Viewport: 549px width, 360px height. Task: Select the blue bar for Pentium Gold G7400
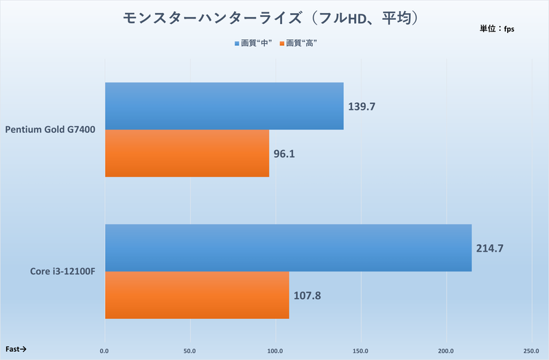pyautogui.click(x=224, y=106)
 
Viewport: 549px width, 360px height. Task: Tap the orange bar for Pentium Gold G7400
pyautogui.click(x=187, y=153)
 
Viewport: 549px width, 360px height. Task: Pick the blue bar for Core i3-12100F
pyautogui.click(x=288, y=248)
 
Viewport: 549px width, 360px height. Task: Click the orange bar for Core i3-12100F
pyautogui.click(x=196, y=295)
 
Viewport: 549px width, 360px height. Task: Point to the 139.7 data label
pyautogui.click(x=362, y=106)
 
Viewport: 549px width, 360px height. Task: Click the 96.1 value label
pyautogui.click(x=284, y=154)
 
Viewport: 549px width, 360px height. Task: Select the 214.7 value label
pyautogui.click(x=489, y=248)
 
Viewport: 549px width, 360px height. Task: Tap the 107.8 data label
pyautogui.click(x=307, y=296)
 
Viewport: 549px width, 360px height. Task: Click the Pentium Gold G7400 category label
pyautogui.click(x=50, y=129)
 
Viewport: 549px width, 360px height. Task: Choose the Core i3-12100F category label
pyautogui.click(x=62, y=272)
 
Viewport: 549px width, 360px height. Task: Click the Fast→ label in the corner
pyautogui.click(x=16, y=349)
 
